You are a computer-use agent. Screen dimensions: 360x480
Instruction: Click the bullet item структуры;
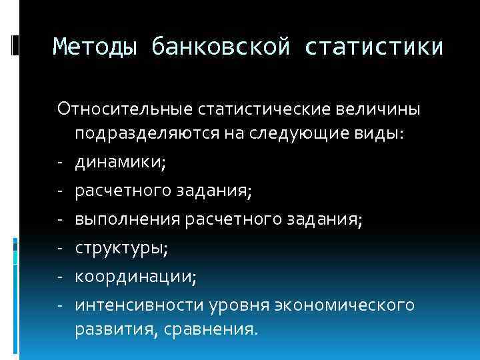tap(121, 249)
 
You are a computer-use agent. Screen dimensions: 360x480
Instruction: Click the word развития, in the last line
tap(113, 330)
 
